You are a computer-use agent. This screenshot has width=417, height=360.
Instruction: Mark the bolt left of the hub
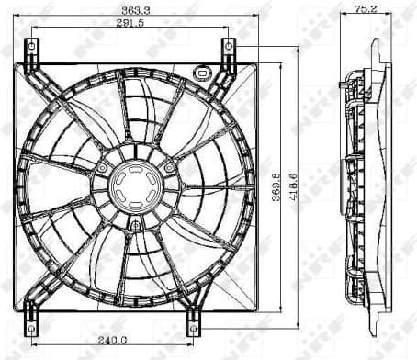pyautogui.click(x=102, y=169)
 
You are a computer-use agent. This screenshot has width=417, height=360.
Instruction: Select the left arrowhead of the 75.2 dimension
pyautogui.click(x=343, y=17)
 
